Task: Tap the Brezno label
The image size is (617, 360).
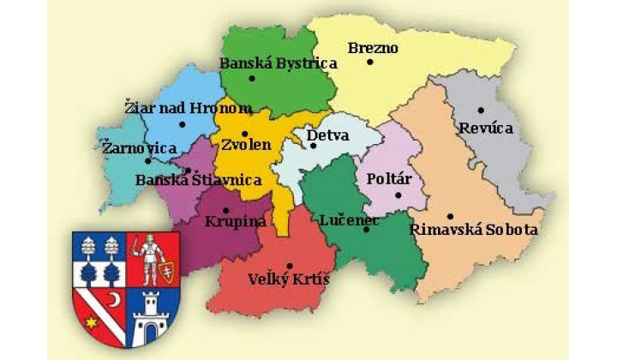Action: coord(373,48)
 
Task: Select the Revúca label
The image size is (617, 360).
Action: coord(486,127)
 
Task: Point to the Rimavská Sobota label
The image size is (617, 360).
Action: coord(474,230)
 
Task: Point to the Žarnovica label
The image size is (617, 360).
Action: coord(139,148)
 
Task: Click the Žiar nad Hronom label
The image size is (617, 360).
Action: coord(188,108)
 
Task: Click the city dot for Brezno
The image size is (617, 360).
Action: coord(370,63)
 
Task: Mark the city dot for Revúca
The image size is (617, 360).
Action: coord(482,110)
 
